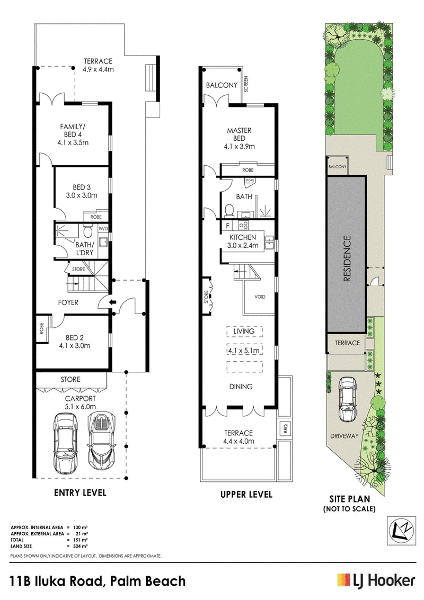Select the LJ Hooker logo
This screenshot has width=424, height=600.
(376, 581)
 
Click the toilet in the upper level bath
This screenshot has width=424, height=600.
(229, 210)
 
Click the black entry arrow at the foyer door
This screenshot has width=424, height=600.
(112, 303)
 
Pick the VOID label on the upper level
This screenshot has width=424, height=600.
(260, 297)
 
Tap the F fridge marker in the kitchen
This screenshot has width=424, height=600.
(227, 226)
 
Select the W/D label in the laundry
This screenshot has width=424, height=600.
(103, 229)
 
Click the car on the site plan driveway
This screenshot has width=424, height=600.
(347, 399)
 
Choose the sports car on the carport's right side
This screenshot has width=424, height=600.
(101, 441)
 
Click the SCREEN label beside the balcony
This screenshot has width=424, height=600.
(246, 85)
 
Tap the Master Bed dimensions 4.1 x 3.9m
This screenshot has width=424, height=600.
(240, 146)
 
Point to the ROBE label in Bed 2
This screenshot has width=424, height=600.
(42, 329)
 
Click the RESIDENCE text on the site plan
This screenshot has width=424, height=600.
(347, 258)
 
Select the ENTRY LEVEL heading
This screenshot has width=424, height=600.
(80, 492)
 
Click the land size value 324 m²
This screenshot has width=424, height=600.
(81, 546)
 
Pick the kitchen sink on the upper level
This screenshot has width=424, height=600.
(270, 243)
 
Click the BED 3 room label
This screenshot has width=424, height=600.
(82, 187)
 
